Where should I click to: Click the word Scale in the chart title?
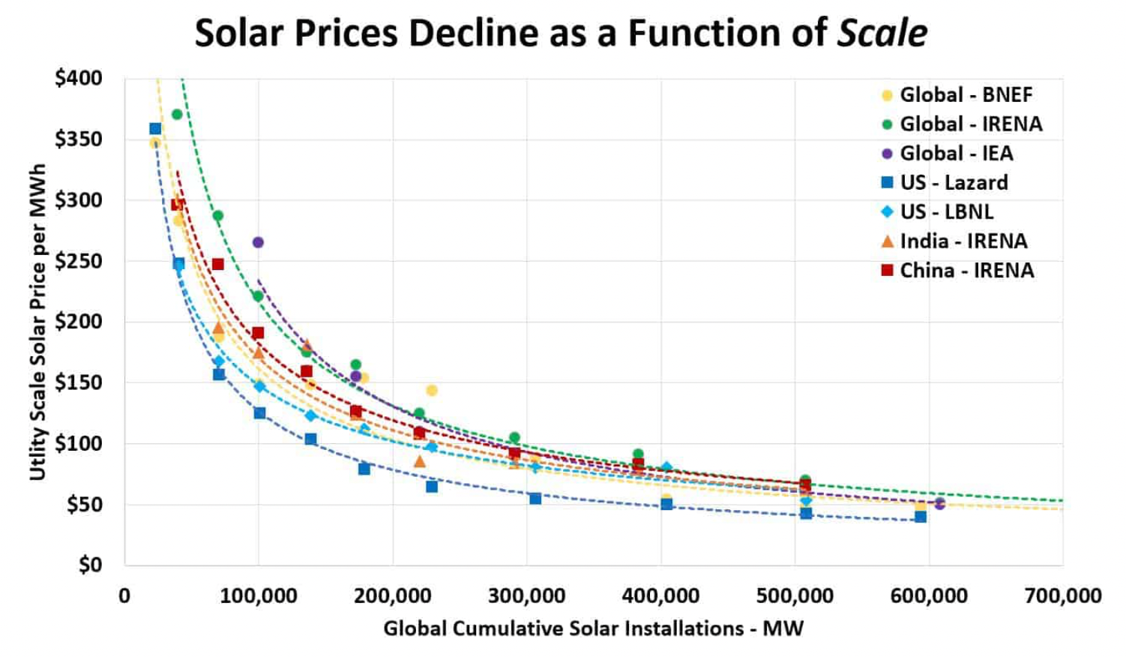[x=882, y=33]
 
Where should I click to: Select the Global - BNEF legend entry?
[x=957, y=95]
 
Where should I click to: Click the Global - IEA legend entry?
[x=948, y=154]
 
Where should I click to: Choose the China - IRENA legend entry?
[x=957, y=271]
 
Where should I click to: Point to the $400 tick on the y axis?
[x=78, y=78]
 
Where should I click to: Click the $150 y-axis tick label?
[x=78, y=382]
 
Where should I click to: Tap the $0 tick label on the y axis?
[x=90, y=565]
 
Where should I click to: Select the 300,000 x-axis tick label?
[x=526, y=597]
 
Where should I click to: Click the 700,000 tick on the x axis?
[x=1062, y=597]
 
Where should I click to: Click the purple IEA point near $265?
[x=258, y=242]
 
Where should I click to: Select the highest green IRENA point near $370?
[x=177, y=115]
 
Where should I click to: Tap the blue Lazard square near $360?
[x=155, y=129]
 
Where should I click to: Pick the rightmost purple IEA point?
[x=939, y=503]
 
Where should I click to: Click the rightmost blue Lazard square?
[x=921, y=517]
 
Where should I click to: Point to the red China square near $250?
[x=218, y=264]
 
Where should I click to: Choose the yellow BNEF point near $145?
[x=432, y=390]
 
